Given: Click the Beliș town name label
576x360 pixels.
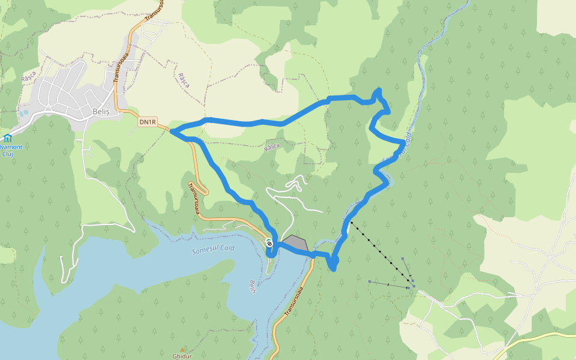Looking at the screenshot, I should tap(101, 111).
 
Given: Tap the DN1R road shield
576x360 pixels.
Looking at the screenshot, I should tap(148, 122).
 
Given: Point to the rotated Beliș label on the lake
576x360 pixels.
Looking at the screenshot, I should tap(253, 286).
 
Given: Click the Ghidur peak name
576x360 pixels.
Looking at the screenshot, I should tap(182, 356).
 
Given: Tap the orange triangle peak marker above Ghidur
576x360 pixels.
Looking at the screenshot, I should tap(182, 349).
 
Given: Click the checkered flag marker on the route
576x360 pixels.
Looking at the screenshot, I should tap(269, 243).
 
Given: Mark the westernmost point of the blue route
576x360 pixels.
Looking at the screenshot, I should tap(171, 131).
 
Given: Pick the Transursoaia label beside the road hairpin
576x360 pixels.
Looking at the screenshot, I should tap(194, 198).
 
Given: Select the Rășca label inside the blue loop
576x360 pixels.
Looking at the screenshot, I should tap(272, 146).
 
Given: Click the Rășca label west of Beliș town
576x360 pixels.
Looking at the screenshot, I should tap(29, 76).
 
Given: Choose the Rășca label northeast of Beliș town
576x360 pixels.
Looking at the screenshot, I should tap(184, 80).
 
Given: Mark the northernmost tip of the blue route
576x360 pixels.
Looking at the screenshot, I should tap(379, 89).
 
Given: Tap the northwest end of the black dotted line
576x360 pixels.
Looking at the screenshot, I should tap(352, 222).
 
